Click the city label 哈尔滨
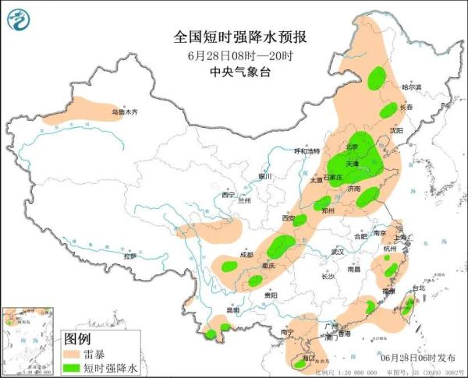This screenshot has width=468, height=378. tap(412, 87)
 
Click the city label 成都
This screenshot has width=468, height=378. tap(246, 254)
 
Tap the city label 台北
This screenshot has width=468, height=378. tap(417, 288)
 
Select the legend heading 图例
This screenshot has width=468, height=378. tap(78, 339)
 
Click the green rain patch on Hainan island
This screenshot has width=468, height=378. tap(300, 362)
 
